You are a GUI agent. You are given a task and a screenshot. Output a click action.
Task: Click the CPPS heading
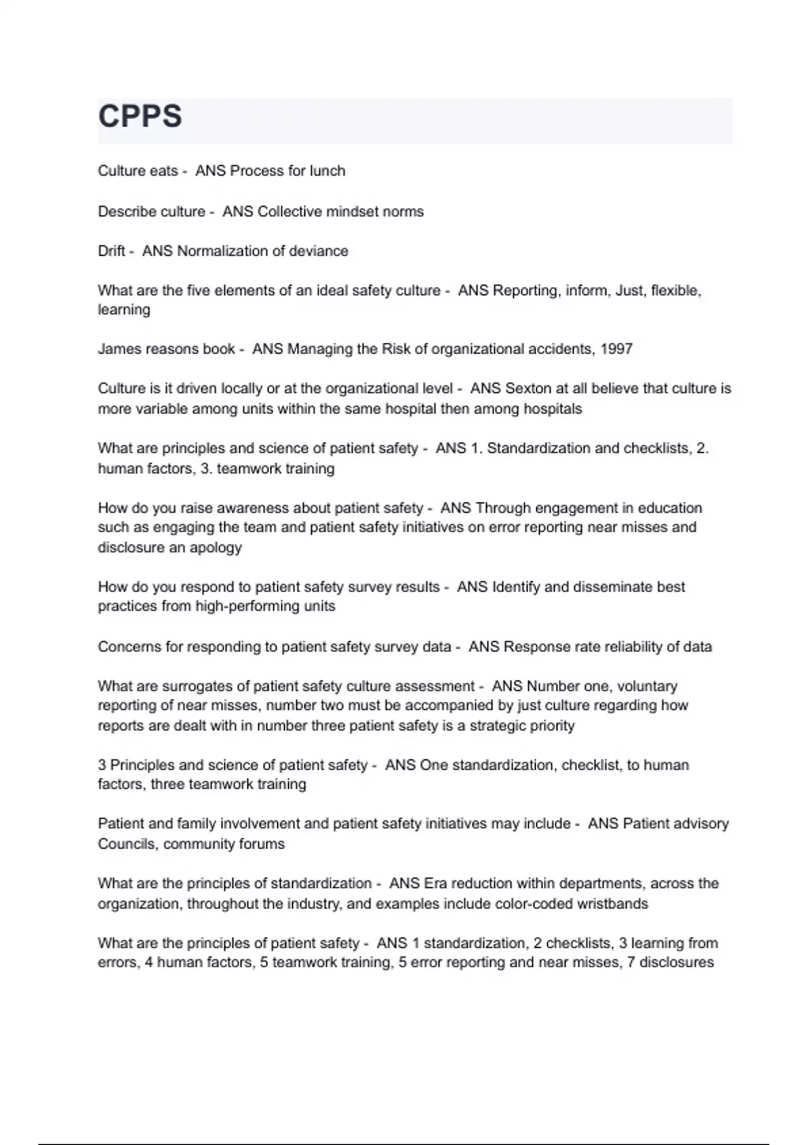pyautogui.click(x=140, y=116)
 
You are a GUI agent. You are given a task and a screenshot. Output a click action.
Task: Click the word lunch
pyautogui.click(x=327, y=171)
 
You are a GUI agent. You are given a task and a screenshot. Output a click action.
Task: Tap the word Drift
pyautogui.click(x=111, y=251)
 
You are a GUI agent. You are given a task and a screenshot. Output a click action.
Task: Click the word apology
pyautogui.click(x=215, y=548)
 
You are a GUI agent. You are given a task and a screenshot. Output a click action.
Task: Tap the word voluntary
pyautogui.click(x=647, y=686)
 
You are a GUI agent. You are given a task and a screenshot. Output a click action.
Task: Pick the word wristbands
pyautogui.click(x=612, y=904)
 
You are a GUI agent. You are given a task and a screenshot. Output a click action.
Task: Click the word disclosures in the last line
pyautogui.click(x=676, y=962)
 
